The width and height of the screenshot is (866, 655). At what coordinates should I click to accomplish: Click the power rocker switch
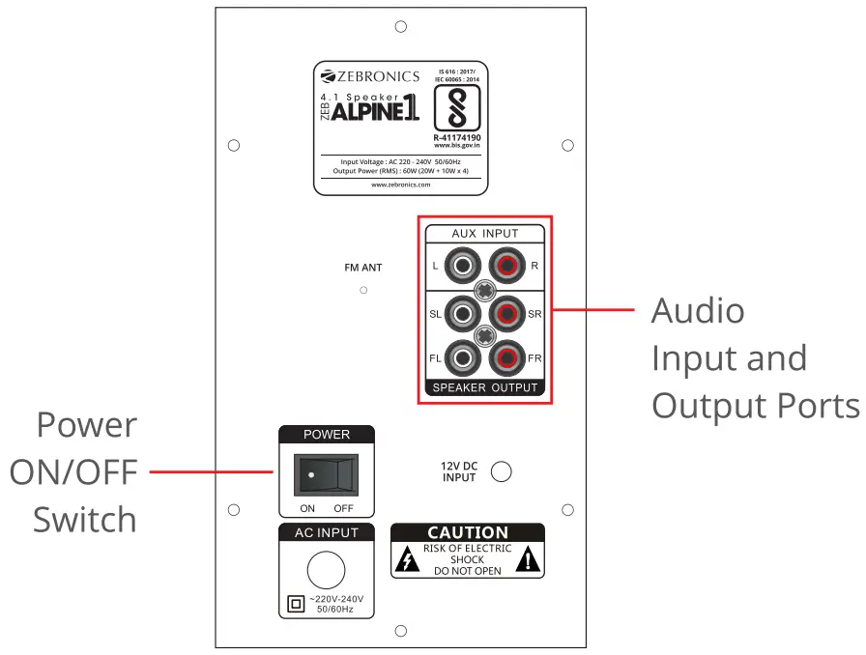327,475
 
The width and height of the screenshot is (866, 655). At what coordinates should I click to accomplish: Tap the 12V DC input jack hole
502,471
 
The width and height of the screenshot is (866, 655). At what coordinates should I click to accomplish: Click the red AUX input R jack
505,264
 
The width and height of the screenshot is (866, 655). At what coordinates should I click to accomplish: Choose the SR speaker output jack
505,313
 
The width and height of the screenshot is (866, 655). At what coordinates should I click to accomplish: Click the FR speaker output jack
505,359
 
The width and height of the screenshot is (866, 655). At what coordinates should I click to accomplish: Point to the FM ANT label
363,268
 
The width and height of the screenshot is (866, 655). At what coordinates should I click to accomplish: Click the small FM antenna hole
363,290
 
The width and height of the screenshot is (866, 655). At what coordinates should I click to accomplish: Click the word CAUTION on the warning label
468,532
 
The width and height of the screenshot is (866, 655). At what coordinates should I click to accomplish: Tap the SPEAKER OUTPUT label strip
484,388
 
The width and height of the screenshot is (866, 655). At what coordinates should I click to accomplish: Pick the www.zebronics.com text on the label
400,185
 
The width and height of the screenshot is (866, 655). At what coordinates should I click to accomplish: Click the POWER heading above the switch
327,435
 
